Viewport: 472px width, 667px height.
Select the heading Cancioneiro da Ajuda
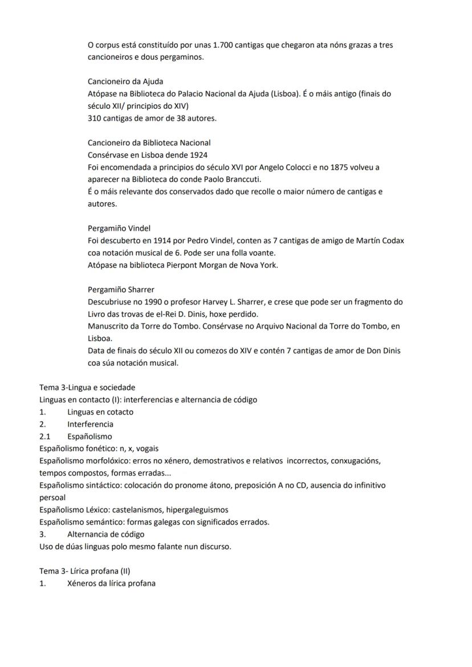point(125,81)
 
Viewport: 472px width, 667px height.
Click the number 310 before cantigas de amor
point(94,118)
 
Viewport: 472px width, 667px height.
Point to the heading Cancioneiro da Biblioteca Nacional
point(149,143)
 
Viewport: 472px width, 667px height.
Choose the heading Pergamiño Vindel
point(119,228)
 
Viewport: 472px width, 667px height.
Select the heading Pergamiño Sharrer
point(121,289)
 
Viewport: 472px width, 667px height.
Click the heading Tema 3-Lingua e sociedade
point(87,387)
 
